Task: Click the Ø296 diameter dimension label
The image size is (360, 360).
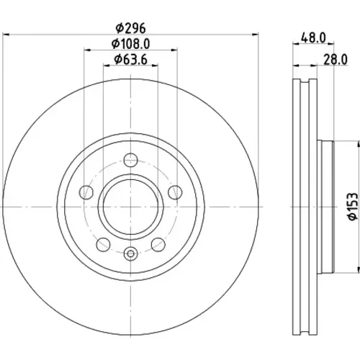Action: pos(130,28)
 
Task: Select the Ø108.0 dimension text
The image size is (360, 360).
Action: pos(131,44)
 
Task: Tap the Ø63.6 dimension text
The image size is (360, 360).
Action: pos(130,60)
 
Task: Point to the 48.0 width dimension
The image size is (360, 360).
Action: pos(313,38)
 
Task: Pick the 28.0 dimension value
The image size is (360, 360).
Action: pos(336,60)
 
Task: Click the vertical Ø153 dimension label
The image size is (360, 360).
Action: pos(352,207)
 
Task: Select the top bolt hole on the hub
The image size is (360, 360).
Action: pos(131,160)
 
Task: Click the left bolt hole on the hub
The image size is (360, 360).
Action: pos(86,192)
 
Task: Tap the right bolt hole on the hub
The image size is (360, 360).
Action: pos(175,192)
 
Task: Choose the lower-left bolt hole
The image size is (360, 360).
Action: pos(103,245)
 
